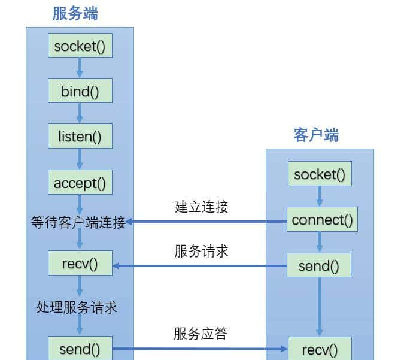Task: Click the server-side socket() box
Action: click(x=80, y=46)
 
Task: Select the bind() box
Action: click(x=80, y=92)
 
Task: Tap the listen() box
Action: click(x=80, y=137)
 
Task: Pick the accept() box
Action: click(x=80, y=183)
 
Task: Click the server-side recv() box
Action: click(x=80, y=264)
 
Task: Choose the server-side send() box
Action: click(x=80, y=349)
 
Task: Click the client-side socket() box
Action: click(x=320, y=174)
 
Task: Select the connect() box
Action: click(x=322, y=220)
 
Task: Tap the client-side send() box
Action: click(x=319, y=266)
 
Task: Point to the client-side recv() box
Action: click(x=319, y=349)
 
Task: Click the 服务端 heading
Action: click(x=75, y=13)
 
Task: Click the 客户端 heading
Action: click(x=316, y=135)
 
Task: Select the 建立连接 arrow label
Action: click(x=202, y=207)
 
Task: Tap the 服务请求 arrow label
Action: click(x=202, y=251)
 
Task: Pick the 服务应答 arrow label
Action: click(x=201, y=334)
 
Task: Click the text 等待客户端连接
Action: click(x=78, y=223)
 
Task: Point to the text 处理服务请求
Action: click(x=77, y=307)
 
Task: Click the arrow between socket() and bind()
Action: click(x=80, y=68)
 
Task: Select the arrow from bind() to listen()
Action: click(x=80, y=114)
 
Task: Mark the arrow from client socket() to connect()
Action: click(x=320, y=196)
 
